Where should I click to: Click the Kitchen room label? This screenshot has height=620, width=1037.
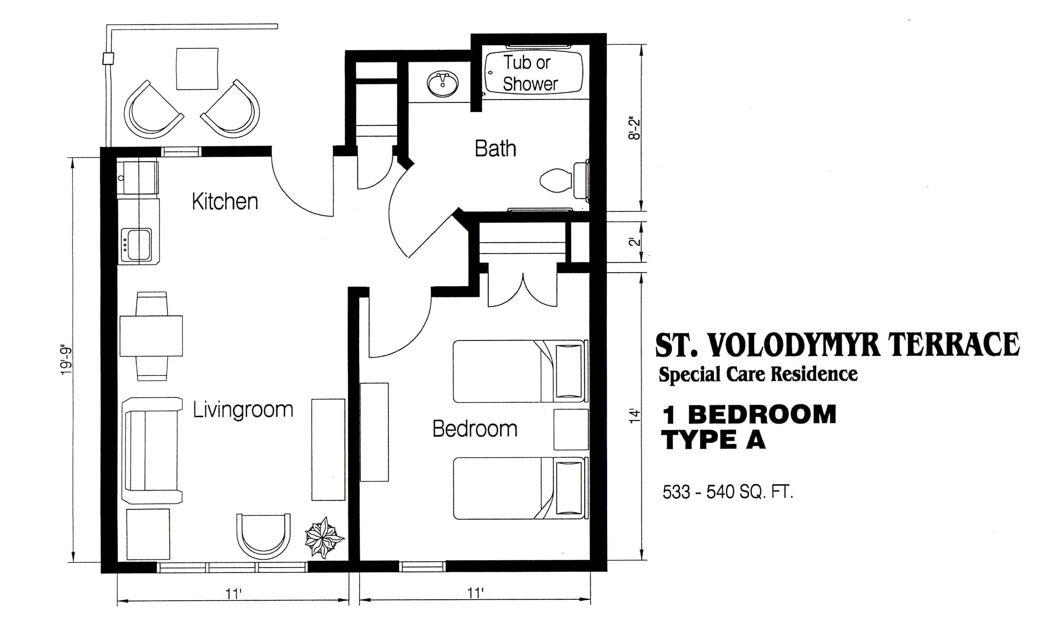click(x=225, y=201)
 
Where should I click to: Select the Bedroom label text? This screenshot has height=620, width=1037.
click(x=475, y=429)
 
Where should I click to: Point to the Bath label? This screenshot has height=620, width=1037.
click(x=495, y=149)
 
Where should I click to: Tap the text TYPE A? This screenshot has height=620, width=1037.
click(x=715, y=440)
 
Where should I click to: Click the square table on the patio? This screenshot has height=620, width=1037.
click(x=197, y=69)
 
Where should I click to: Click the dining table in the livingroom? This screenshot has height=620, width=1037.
click(x=151, y=336)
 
